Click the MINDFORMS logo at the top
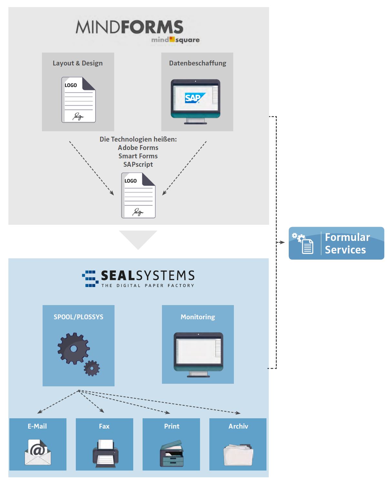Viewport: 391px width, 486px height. (129, 27)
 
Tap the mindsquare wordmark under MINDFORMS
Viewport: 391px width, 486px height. (175, 40)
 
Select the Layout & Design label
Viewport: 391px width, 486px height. (78, 63)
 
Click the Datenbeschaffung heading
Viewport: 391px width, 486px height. (197, 63)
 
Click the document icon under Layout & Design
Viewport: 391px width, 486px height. (78, 100)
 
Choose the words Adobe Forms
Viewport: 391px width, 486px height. (138, 148)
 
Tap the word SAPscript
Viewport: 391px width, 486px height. (138, 164)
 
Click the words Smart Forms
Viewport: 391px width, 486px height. (138, 156)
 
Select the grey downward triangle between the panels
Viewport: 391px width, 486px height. (138, 238)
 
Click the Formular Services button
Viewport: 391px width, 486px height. (336, 243)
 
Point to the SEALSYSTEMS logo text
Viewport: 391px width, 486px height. (147, 276)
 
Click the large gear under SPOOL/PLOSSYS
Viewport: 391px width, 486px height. (74, 349)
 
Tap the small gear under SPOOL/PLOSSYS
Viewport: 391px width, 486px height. (92, 368)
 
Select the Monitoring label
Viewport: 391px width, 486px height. (198, 317)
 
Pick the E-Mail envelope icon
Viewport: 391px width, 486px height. (38, 452)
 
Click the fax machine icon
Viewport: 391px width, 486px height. (105, 453)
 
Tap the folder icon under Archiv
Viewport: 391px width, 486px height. (238, 455)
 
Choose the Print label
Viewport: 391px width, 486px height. (172, 426)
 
